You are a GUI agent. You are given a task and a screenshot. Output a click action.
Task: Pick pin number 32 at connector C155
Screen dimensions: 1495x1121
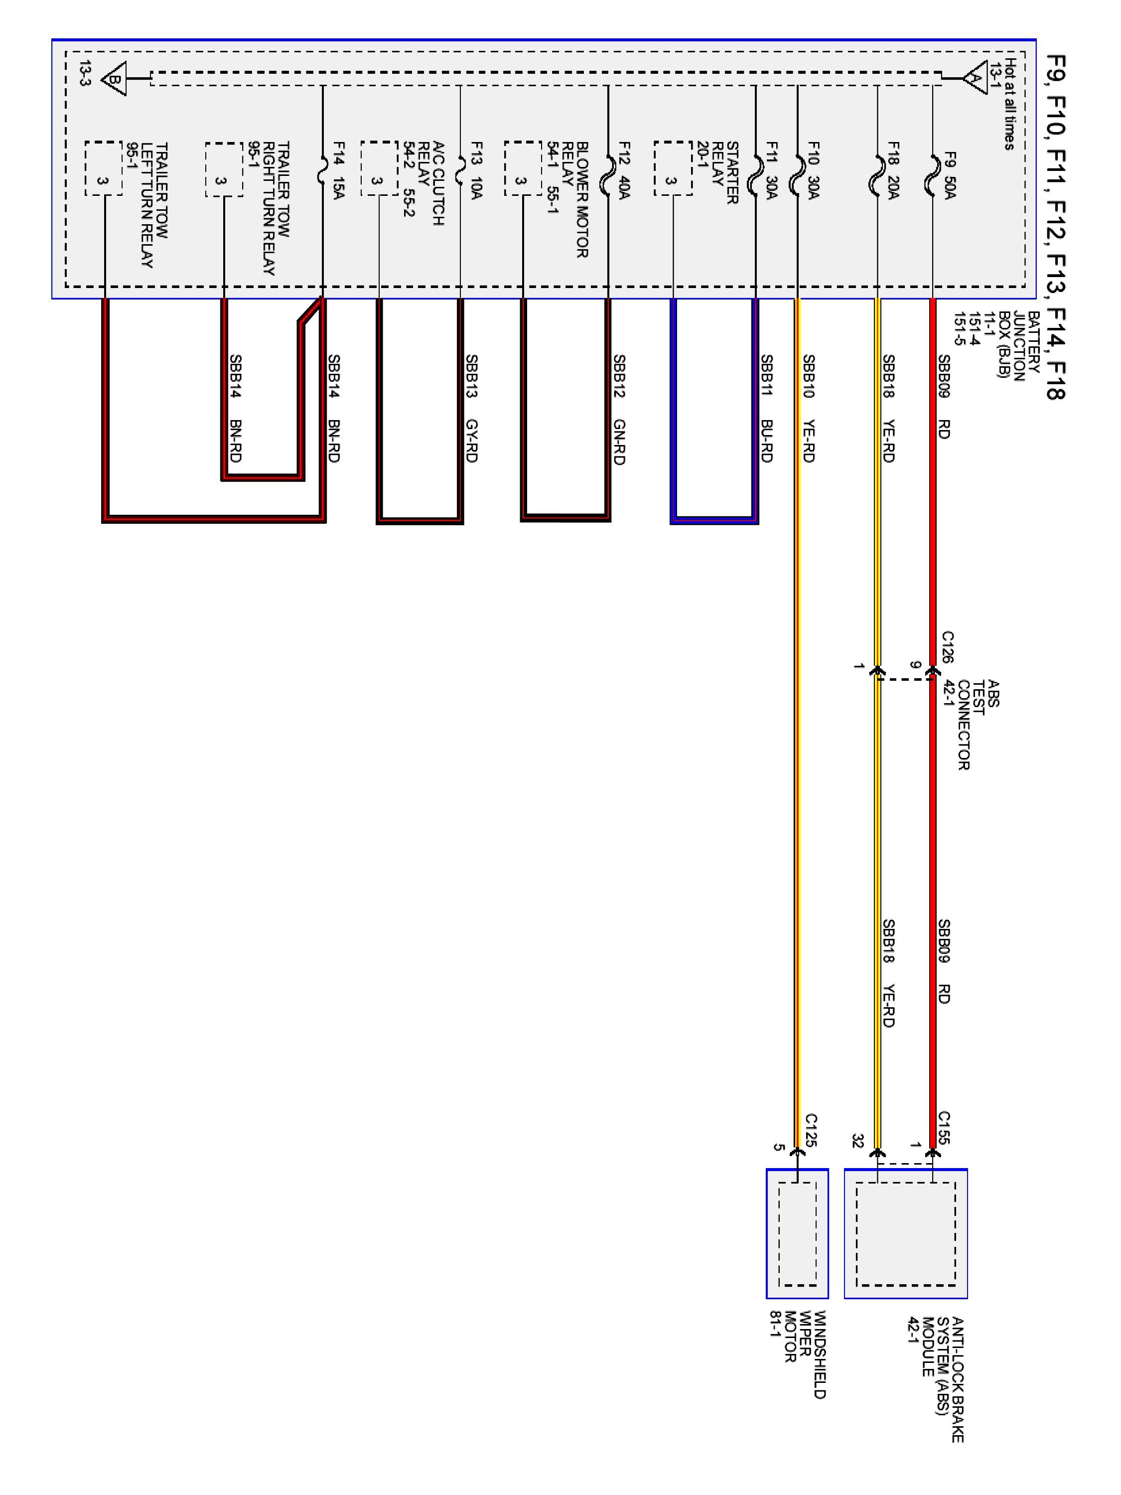click(857, 1142)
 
